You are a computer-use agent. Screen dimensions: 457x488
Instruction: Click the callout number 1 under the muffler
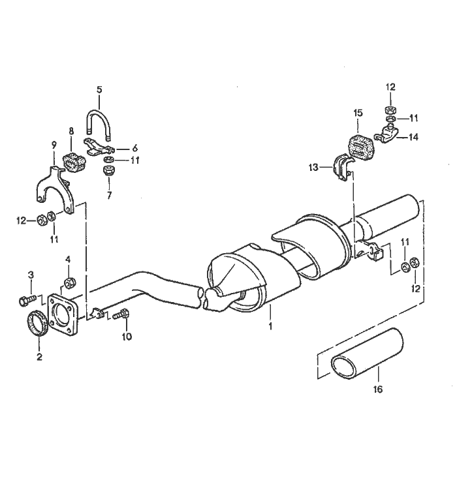click(x=270, y=326)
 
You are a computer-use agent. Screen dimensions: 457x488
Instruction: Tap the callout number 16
click(x=378, y=389)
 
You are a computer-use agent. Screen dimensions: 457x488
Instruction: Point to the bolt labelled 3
click(x=27, y=301)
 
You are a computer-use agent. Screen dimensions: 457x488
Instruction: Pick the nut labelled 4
click(x=69, y=282)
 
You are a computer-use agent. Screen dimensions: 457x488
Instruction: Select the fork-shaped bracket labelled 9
click(x=55, y=189)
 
